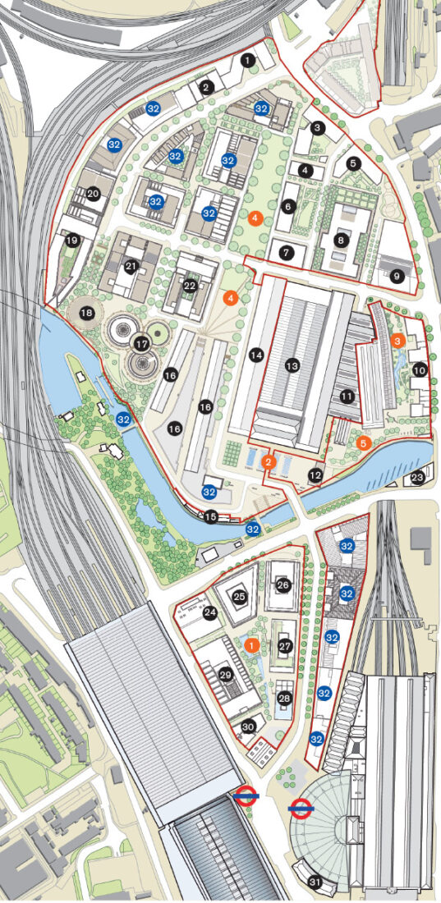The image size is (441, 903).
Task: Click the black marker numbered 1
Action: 247,60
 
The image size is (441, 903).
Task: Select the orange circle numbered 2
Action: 269,462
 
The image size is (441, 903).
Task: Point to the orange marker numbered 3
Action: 397,340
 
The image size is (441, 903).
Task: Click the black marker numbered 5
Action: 353,163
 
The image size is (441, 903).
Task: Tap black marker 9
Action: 397,277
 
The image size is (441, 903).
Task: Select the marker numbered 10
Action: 419,370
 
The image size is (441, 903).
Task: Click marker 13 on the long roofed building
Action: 291,365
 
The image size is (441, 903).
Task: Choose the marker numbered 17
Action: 140,344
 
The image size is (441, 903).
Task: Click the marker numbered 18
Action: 86,312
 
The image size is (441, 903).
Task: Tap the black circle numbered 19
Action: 72,241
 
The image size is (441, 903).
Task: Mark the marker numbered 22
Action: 190,286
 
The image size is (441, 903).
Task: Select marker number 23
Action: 417,477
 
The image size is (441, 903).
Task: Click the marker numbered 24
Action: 209,612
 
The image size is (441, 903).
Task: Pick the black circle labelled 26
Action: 283,585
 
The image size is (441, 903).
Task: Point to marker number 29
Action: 226,675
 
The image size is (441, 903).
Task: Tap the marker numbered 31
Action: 314,882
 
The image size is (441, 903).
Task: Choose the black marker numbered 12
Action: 315,475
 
